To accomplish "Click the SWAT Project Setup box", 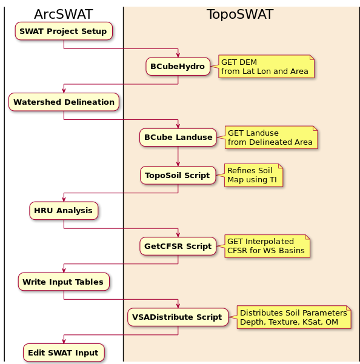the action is pos(64,31).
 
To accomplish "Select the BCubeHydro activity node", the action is pos(178,67).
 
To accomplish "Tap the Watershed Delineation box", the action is pos(64,102).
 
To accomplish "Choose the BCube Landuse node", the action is pos(178,137).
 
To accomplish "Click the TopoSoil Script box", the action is pos(178,175).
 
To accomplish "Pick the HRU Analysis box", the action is pos(64,211).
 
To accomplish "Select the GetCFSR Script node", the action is pos(178,246).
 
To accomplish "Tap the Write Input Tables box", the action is pos(64,282).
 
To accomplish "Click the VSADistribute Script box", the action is pos(178,317).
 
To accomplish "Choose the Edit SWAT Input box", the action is pos(64,352).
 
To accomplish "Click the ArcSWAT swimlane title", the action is pos(64,14).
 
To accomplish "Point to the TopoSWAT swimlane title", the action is pos(240,14).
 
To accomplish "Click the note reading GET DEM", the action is pos(266,67).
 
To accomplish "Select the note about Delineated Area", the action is pos(271,137).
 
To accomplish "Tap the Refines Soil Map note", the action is pos(253,175).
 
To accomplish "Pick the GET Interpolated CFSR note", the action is pos(267,246).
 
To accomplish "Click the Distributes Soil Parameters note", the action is pos(294,317).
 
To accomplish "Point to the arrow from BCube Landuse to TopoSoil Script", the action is pos(178,156).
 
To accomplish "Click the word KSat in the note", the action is pos(312,322).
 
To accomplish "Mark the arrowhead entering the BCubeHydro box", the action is pos(178,55).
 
